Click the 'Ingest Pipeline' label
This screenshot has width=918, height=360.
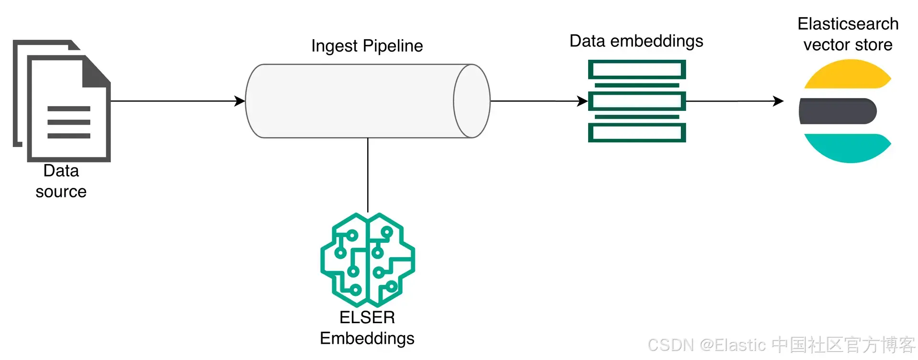point(367,46)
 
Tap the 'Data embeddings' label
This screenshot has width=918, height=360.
point(636,41)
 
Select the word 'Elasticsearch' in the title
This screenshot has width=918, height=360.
point(848,24)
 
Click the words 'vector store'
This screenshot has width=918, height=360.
point(848,45)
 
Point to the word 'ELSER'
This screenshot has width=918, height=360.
point(367,317)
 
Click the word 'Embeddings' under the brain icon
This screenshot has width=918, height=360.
point(367,338)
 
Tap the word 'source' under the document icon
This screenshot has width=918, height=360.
point(61,192)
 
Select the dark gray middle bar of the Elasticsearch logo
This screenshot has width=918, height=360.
point(837,111)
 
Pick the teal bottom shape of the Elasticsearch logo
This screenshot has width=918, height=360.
point(847,147)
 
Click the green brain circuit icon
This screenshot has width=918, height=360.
point(367,260)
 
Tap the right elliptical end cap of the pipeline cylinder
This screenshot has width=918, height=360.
point(471,101)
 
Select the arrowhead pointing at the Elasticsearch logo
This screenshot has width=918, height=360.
point(778,101)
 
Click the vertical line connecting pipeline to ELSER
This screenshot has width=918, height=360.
point(368,175)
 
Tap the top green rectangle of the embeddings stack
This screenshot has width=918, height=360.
point(636,69)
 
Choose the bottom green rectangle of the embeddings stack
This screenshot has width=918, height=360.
point(636,132)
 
